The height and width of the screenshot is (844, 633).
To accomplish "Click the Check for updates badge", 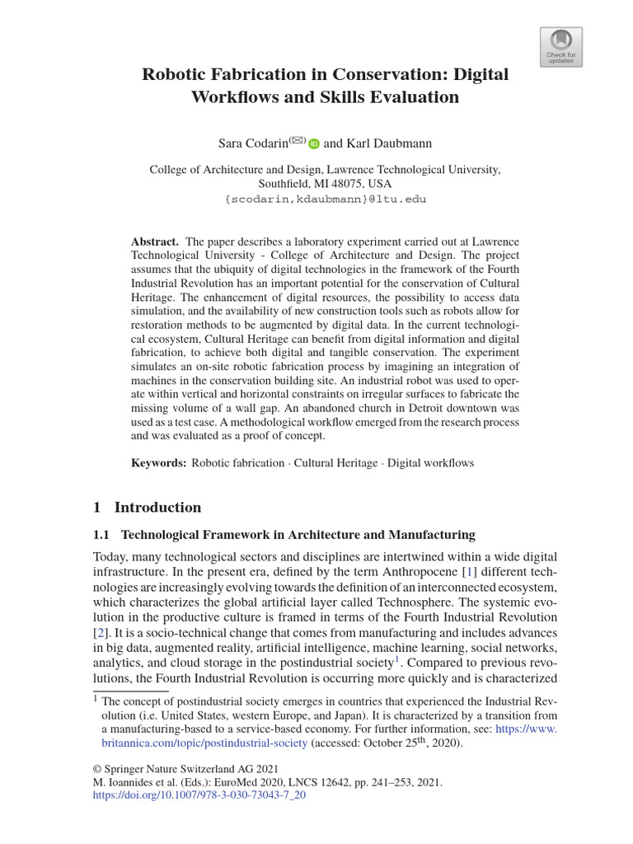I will click(560, 47).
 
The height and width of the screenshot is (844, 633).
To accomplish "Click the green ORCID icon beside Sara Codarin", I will click(314, 144).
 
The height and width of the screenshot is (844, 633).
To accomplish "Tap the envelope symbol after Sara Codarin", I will click(297, 140).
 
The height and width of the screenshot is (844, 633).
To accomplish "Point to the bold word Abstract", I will click(155, 241).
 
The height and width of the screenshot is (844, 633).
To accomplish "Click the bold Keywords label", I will click(159, 462).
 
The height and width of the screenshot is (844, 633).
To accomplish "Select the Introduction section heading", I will click(157, 507).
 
